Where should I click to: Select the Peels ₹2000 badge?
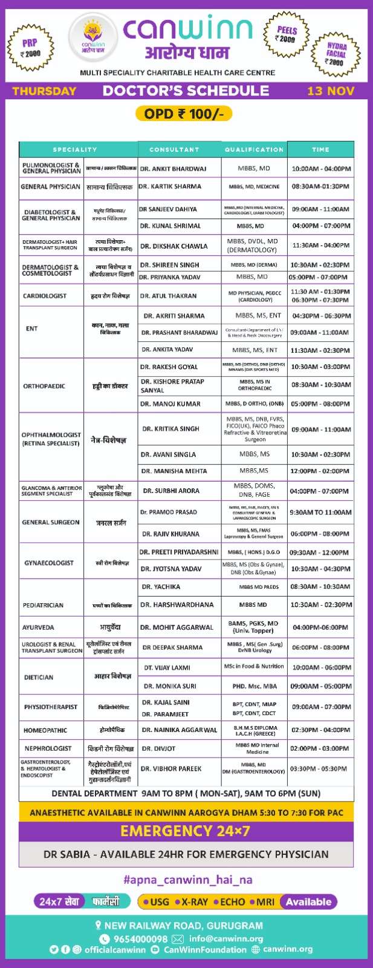[287, 34]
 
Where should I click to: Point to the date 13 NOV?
[330, 91]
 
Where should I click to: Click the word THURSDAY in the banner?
[44, 91]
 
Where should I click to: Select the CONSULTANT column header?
[174, 149]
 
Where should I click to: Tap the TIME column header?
[320, 149]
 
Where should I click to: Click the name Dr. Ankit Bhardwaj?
[174, 169]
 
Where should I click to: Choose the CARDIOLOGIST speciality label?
[45, 296]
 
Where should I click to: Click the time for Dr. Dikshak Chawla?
[320, 246]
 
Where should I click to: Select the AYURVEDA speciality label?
[38, 627]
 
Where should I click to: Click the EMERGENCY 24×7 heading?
[186, 831]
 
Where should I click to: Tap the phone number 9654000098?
[141, 939]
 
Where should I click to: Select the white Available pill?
[308, 901]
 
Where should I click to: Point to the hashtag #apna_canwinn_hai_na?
[187, 879]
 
